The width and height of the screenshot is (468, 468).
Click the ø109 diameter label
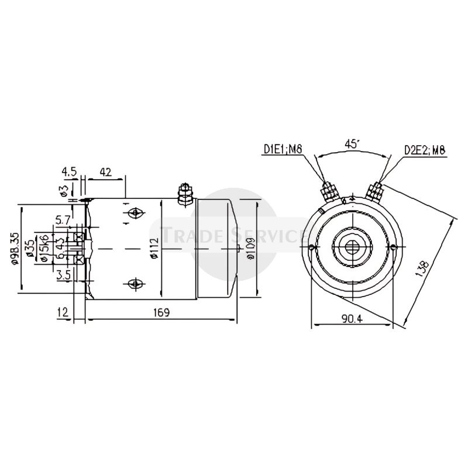click(250, 249)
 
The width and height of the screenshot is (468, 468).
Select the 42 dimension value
click(106, 171)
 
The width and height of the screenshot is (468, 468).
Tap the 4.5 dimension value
click(69, 171)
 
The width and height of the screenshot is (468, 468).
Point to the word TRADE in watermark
click(187, 236)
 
